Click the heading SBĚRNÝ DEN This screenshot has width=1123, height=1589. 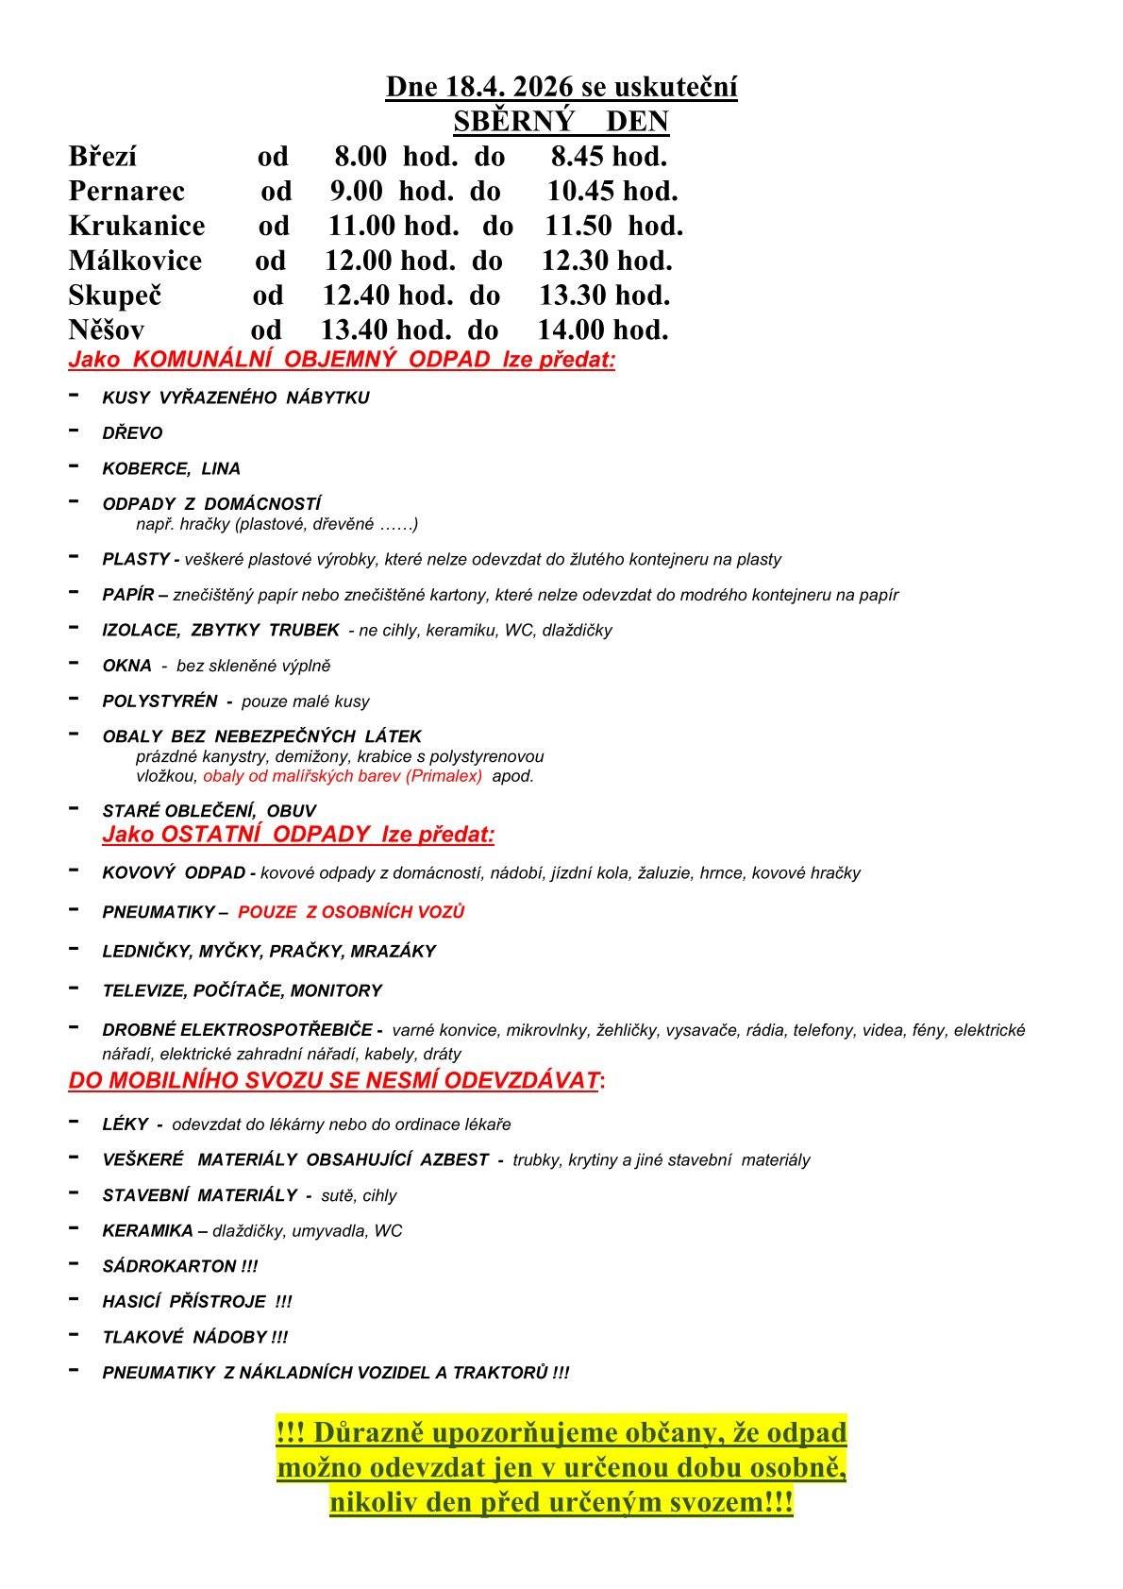561,122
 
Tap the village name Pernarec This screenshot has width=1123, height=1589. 126,192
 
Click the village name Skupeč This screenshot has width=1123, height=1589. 115,296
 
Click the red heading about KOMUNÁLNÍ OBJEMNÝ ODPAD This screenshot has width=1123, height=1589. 342,360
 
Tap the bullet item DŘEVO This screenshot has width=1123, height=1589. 132,433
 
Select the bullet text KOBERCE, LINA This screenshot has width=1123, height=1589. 171,468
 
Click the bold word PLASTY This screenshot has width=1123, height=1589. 135,559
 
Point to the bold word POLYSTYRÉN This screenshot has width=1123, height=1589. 159,702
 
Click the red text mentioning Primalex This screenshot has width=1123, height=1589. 343,776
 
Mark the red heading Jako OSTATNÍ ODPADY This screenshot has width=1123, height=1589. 298,835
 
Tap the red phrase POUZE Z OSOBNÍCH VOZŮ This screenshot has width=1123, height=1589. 351,912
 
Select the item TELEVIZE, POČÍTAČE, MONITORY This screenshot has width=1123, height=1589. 242,990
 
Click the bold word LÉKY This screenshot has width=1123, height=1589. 125,1124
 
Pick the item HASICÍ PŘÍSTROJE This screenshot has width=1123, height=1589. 196,1302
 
